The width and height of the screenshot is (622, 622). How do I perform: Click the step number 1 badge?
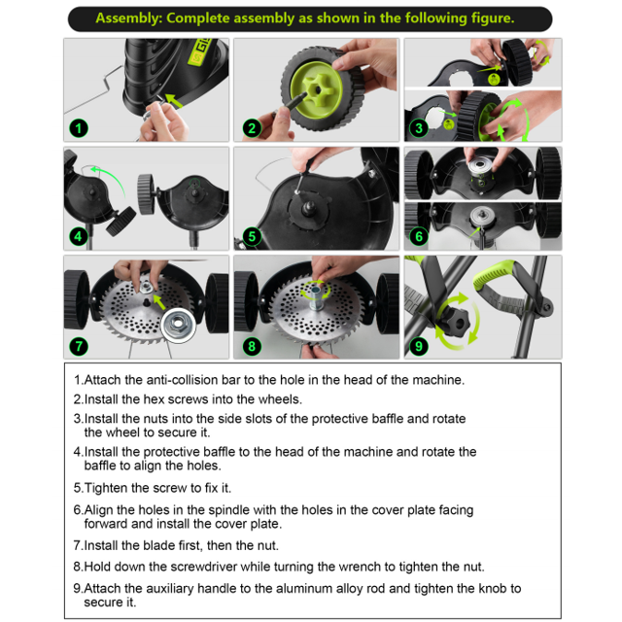(x=79, y=128)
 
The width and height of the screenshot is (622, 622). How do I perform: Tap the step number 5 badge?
(x=252, y=237)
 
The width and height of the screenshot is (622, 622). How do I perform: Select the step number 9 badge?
(x=419, y=346)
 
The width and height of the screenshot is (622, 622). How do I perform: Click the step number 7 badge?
(x=79, y=346)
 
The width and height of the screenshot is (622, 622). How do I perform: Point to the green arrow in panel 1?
(x=174, y=101)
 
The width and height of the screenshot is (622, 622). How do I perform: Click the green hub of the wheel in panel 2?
(x=316, y=89)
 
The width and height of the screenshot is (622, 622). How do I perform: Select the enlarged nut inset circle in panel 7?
(x=178, y=325)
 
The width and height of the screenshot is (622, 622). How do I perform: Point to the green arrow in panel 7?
(x=159, y=302)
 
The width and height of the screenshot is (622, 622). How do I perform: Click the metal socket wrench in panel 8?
(x=316, y=299)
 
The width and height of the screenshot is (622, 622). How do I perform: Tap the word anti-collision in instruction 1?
(x=182, y=380)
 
